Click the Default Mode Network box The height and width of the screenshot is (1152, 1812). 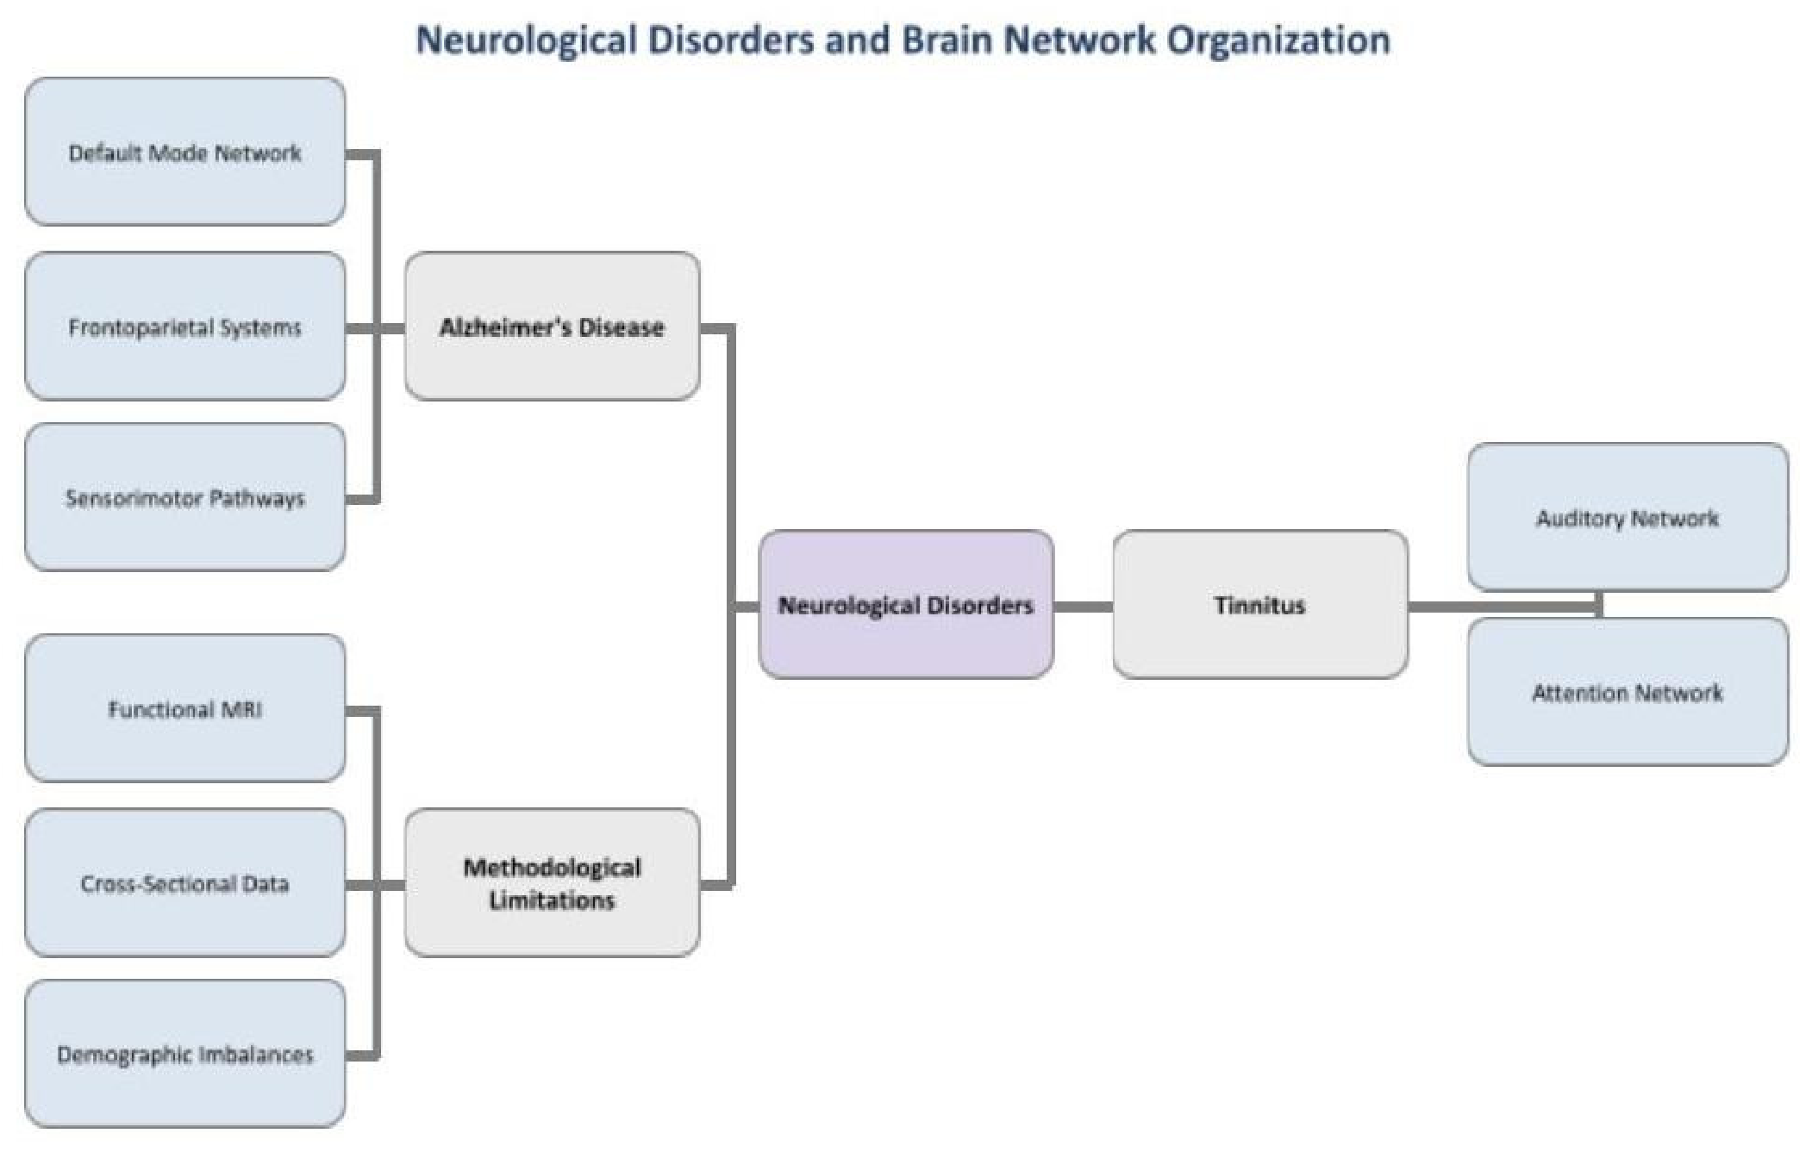click(185, 152)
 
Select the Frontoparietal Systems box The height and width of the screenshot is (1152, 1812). click(185, 326)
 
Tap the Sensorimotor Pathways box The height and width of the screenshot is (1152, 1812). click(185, 496)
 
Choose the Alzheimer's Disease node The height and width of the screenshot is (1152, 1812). click(552, 326)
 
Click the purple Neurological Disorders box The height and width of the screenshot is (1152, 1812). click(906, 604)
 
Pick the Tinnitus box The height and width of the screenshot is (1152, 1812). click(1260, 604)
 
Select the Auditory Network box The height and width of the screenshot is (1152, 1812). click(1628, 517)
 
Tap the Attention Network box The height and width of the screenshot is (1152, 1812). click(1628, 691)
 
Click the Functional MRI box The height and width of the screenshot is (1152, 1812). click(185, 708)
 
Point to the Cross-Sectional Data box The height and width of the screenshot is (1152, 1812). click(185, 882)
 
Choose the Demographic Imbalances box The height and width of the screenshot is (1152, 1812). click(185, 1053)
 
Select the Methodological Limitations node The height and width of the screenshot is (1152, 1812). click(552, 882)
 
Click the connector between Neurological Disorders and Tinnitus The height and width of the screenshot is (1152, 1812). click(1084, 607)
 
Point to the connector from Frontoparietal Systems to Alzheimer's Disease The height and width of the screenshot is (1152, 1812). click(375, 328)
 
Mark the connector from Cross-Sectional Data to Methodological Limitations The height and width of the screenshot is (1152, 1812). click(375, 885)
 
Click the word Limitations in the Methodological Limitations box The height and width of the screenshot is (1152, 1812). click(552, 900)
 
